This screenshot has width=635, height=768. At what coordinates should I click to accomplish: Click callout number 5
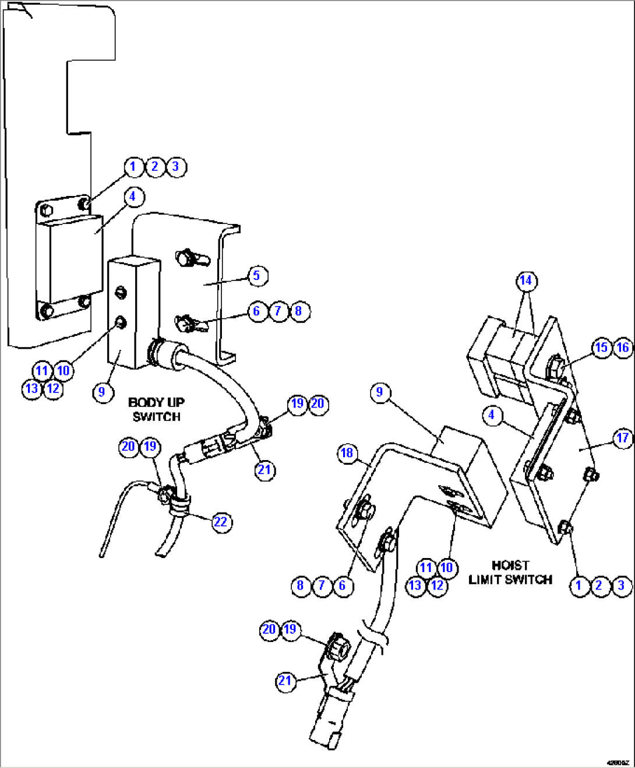[x=257, y=276]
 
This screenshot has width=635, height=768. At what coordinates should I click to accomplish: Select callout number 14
[x=526, y=281]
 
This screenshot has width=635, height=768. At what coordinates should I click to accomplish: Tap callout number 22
[x=220, y=522]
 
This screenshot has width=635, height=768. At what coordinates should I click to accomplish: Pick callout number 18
[x=347, y=453]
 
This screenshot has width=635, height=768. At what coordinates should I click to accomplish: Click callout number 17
[x=623, y=438]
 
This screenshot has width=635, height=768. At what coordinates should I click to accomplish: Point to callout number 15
[x=601, y=348]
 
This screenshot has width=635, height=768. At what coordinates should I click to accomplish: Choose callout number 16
[x=623, y=348]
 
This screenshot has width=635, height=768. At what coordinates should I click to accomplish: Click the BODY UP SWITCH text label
[x=156, y=409]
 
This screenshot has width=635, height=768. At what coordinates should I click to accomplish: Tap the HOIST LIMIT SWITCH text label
[x=510, y=573]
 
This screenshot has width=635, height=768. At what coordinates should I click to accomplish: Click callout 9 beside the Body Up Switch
[x=102, y=392]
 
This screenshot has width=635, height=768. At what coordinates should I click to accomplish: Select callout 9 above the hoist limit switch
[x=380, y=392]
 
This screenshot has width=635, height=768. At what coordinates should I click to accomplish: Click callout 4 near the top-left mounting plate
[x=133, y=197]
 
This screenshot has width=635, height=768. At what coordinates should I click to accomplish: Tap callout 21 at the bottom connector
[x=285, y=681]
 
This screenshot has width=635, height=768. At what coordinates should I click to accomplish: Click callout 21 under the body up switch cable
[x=264, y=470]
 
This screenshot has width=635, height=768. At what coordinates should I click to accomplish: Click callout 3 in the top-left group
[x=176, y=167]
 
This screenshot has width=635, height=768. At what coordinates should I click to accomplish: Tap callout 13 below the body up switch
[x=31, y=389]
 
